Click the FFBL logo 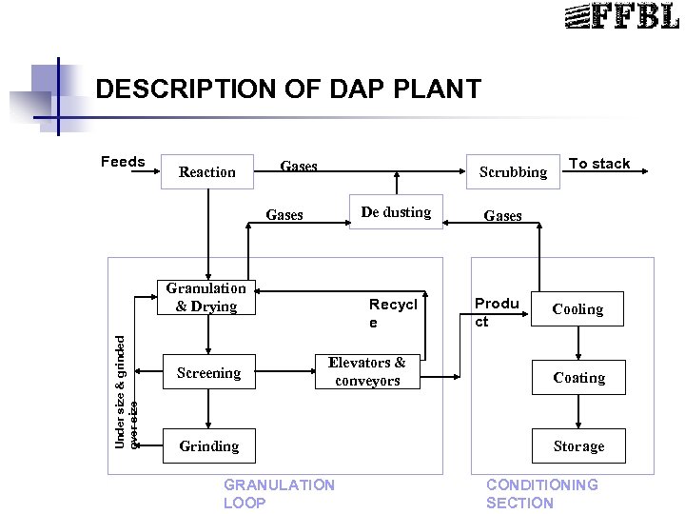621,16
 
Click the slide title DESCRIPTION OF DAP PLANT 288,89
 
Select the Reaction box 207,171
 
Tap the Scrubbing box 513,171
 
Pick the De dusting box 396,212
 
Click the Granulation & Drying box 205,297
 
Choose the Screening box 208,373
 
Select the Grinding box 209,445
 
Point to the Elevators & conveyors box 366,371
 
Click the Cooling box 577,309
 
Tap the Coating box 578,378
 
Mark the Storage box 578,445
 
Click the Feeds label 123,162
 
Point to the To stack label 599,164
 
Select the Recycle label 393,314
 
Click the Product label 497,312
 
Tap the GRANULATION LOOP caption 279,494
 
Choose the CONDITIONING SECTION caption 542,494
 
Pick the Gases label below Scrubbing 502,216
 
